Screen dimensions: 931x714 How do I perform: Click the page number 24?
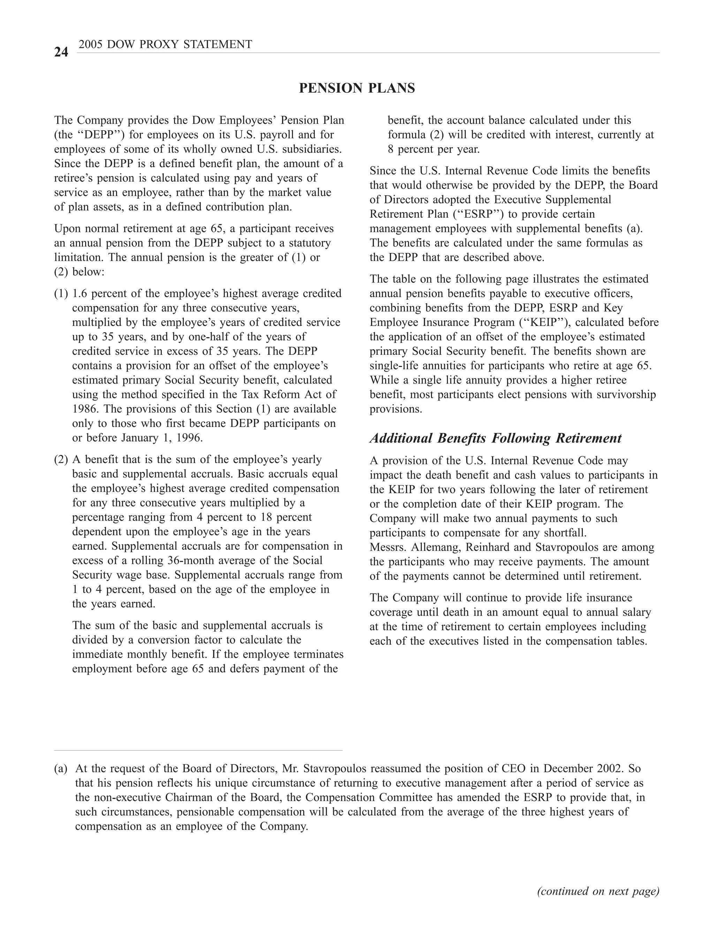click(x=61, y=52)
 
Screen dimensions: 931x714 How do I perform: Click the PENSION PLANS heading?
click(x=357, y=88)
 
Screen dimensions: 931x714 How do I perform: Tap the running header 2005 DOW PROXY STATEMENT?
click(x=165, y=44)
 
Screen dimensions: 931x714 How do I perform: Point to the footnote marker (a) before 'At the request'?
click(x=61, y=768)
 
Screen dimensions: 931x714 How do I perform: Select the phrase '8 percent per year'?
click(x=433, y=149)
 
